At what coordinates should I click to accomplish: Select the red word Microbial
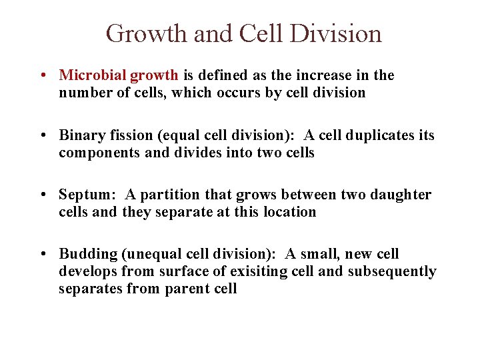pyautogui.click(x=88, y=75)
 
